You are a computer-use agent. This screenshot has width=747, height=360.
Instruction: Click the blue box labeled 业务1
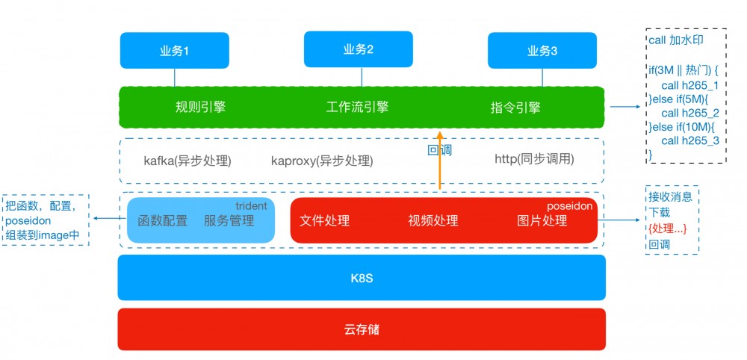[x=175, y=51]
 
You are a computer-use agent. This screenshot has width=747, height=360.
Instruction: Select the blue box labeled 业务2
[x=359, y=49]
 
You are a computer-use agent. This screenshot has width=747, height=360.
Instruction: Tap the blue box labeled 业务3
[x=542, y=51]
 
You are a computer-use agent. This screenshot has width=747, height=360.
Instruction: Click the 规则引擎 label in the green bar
[x=200, y=107]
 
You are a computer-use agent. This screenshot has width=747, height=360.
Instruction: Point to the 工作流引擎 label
[x=358, y=107]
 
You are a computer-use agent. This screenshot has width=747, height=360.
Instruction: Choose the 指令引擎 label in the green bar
[x=515, y=108]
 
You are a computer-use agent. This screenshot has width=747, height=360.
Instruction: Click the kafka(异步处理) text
[x=187, y=160]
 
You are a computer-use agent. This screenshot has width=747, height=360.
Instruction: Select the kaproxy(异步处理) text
[x=322, y=161]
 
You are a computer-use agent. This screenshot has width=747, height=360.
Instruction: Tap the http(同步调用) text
[x=534, y=159]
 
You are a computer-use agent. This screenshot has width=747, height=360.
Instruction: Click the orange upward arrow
[x=440, y=161]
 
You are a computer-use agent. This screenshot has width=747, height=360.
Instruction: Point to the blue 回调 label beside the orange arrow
[x=439, y=150]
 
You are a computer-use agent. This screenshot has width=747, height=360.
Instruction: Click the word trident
[x=251, y=206]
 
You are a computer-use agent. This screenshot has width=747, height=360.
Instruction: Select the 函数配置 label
[x=163, y=221]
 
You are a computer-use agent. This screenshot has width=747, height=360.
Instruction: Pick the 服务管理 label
[x=229, y=221]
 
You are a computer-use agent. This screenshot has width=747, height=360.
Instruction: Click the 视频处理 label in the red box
[x=433, y=220]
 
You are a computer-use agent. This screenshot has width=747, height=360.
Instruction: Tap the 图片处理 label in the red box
[x=542, y=220]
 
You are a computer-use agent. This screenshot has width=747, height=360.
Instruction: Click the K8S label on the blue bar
[x=362, y=278]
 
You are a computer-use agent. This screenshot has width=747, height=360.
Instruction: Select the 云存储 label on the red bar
[x=362, y=329]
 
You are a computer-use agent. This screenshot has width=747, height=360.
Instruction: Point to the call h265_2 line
[x=689, y=113]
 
